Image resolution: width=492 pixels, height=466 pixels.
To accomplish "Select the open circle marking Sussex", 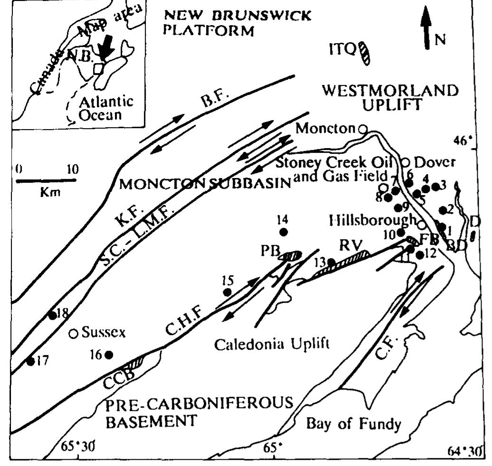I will pos(74,334).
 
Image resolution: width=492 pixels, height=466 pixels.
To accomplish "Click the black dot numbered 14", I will pos(284,232).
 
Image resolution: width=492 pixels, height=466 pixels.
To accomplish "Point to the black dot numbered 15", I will pos(227,292).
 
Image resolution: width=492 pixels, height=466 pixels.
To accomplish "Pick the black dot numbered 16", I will pos(109,354).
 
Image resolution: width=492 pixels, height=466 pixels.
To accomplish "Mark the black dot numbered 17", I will pos(30,361).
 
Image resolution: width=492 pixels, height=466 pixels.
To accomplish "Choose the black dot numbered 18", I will pos(52,316).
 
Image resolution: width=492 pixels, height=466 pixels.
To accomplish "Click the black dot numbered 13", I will pos(331,262).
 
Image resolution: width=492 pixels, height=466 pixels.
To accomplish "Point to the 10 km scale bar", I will pos(47,180).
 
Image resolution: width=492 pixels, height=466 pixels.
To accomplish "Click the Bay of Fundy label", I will pos(353,423).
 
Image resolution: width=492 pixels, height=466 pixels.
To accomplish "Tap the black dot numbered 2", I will pos(443,210).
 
